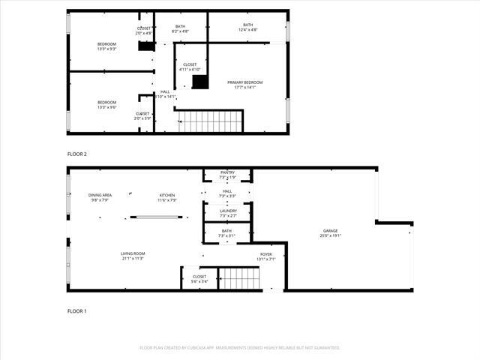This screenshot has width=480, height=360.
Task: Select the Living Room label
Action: point(132,256)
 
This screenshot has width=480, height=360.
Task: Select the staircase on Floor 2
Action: point(211,121)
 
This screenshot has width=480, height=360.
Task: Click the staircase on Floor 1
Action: point(239,278)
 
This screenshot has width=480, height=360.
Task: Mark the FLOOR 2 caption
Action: point(77,154)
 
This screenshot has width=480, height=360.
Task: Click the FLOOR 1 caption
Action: point(77,310)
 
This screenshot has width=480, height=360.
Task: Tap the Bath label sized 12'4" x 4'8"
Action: point(247,28)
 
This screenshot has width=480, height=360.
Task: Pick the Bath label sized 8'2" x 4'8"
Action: point(180,28)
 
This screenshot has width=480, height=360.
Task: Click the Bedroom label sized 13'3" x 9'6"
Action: point(106,104)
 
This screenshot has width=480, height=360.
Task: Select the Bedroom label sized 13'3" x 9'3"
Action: point(106,46)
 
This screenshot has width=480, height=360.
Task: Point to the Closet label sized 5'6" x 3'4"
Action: point(199,279)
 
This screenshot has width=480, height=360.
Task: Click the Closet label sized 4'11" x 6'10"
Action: point(190,67)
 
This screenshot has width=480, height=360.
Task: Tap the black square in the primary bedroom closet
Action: point(199,82)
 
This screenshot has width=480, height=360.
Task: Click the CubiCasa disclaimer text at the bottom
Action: point(240,348)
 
